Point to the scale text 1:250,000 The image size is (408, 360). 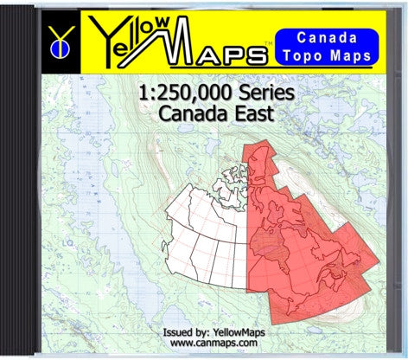(x=175, y=96)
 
